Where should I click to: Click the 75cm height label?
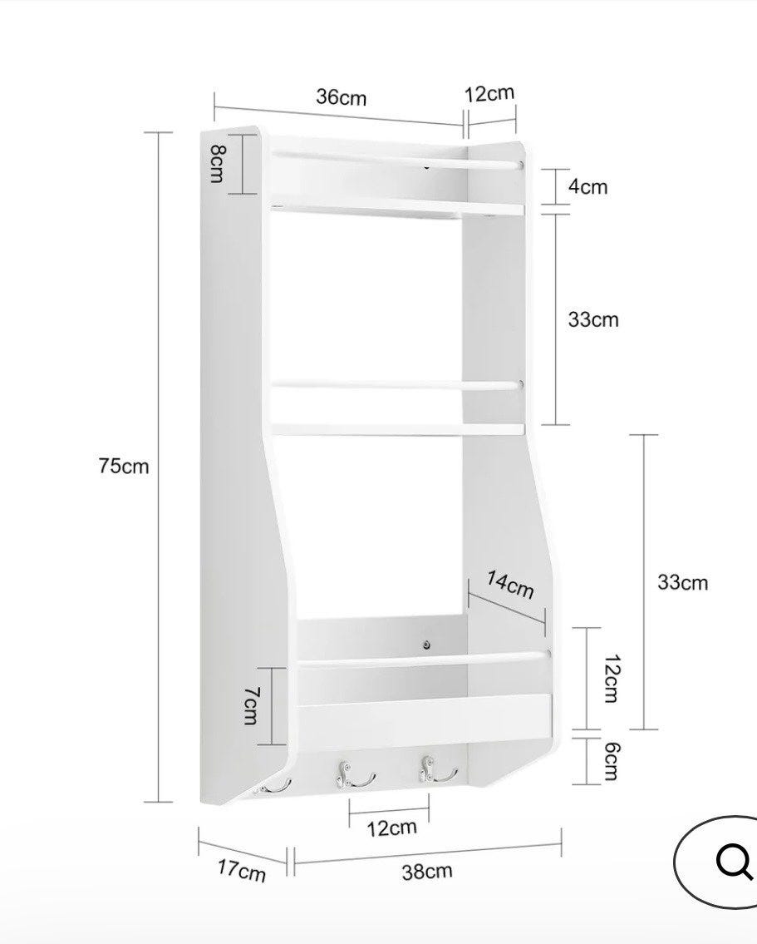(x=124, y=466)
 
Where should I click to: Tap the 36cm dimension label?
(x=341, y=97)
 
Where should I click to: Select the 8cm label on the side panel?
(x=217, y=164)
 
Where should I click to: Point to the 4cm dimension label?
(x=588, y=186)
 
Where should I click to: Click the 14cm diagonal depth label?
(x=510, y=585)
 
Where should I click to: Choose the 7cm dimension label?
(x=251, y=705)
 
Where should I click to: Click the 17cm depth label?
(x=241, y=870)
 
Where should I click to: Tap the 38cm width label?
(x=427, y=871)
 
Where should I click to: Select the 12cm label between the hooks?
(x=391, y=828)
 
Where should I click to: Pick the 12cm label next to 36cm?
(x=489, y=93)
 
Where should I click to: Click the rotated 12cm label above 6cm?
(x=612, y=678)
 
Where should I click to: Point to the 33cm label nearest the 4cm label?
(x=592, y=319)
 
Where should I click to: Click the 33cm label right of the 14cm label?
(x=682, y=582)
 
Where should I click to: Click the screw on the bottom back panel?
(x=426, y=645)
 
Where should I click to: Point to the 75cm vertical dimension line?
(x=159, y=467)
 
